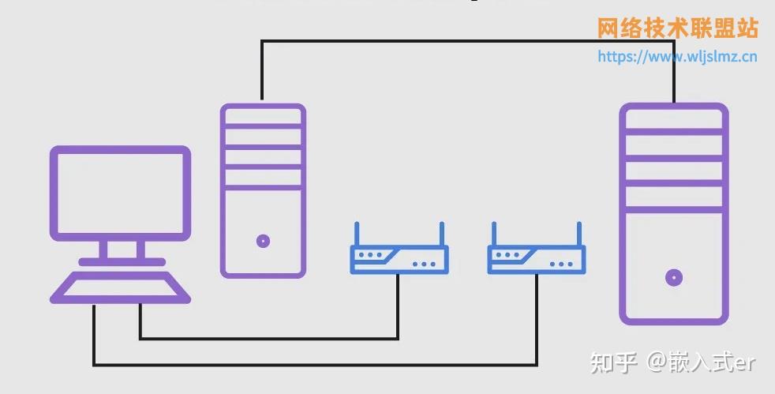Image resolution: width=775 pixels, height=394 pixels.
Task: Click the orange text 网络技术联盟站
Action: (x=677, y=28)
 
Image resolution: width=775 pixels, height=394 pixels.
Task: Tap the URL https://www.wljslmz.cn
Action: (x=677, y=56)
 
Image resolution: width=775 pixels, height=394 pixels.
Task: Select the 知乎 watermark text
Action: (x=613, y=363)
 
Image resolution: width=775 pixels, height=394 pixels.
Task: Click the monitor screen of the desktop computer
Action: (x=120, y=193)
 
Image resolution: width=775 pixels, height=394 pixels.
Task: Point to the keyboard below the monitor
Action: (x=120, y=287)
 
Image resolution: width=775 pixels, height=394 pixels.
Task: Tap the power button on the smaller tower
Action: (x=263, y=241)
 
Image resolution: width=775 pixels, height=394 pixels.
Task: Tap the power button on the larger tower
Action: (x=674, y=277)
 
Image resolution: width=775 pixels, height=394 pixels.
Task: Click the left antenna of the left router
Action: (x=357, y=234)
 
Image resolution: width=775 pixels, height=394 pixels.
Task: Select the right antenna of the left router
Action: (x=442, y=234)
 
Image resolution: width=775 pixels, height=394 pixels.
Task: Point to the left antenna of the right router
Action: (x=494, y=234)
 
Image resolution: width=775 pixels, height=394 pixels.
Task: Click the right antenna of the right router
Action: (x=579, y=234)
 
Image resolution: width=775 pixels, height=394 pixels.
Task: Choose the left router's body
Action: (x=399, y=260)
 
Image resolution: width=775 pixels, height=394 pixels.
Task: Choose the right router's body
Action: (x=537, y=260)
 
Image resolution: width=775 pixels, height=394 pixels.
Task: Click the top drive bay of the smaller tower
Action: (x=263, y=115)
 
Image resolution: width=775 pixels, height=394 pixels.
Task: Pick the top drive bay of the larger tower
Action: (x=674, y=118)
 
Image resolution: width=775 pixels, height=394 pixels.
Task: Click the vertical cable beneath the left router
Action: (x=398, y=306)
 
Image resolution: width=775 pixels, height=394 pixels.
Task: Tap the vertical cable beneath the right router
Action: (x=537, y=319)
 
